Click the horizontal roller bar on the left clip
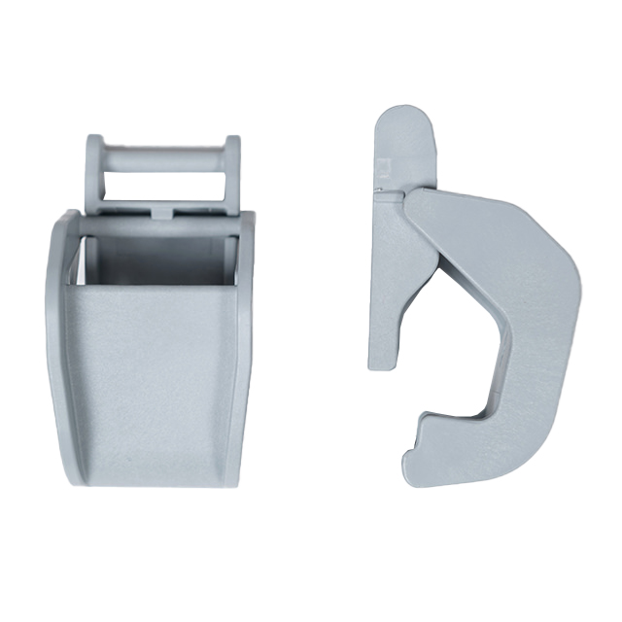coord(163,155)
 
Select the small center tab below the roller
coord(163,208)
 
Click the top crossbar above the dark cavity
coord(155,225)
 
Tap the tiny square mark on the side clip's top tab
coord(381,164)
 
